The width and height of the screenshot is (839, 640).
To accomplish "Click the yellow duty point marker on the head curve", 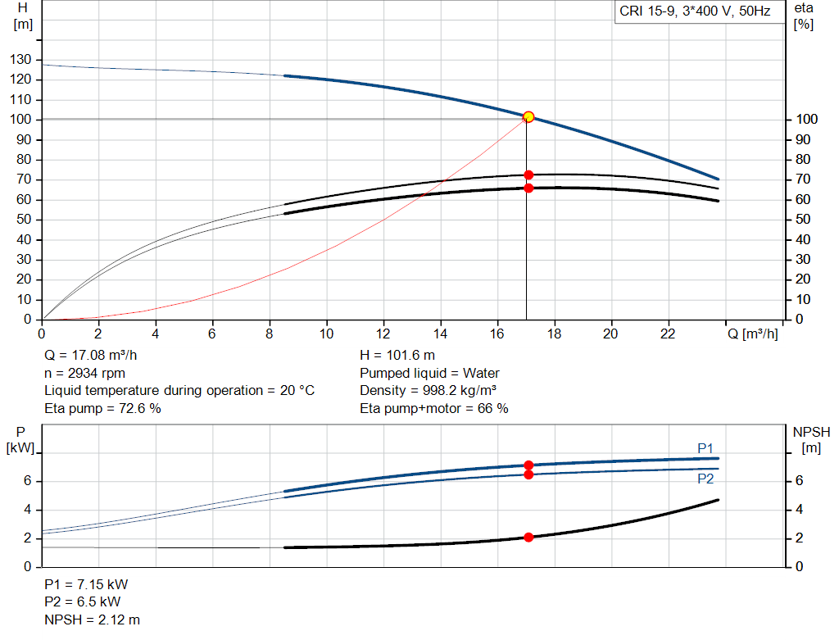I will pos(528,117).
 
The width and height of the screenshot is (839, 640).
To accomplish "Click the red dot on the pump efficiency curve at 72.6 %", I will pos(528,175).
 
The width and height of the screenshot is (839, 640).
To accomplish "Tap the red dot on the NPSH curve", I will pos(528,538).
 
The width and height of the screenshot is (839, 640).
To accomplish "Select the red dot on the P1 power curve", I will pos(528,465).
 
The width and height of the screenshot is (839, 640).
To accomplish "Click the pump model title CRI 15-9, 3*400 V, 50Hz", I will pos(696,12).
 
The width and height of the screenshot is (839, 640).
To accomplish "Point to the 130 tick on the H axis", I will pos(22,60).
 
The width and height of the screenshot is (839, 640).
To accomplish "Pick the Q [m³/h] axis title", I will pos(752,334).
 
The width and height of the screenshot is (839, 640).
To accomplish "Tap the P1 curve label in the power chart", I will pos(705,448).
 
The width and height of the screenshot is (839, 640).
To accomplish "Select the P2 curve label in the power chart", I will pos(705,479).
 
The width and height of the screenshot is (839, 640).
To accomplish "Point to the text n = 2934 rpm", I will pos(84,373).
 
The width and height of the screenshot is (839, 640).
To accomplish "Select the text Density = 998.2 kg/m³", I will pos(429,391).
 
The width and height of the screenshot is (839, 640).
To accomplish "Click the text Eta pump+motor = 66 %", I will pos(434,408).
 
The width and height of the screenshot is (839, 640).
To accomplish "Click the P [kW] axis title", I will pos(21,440).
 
